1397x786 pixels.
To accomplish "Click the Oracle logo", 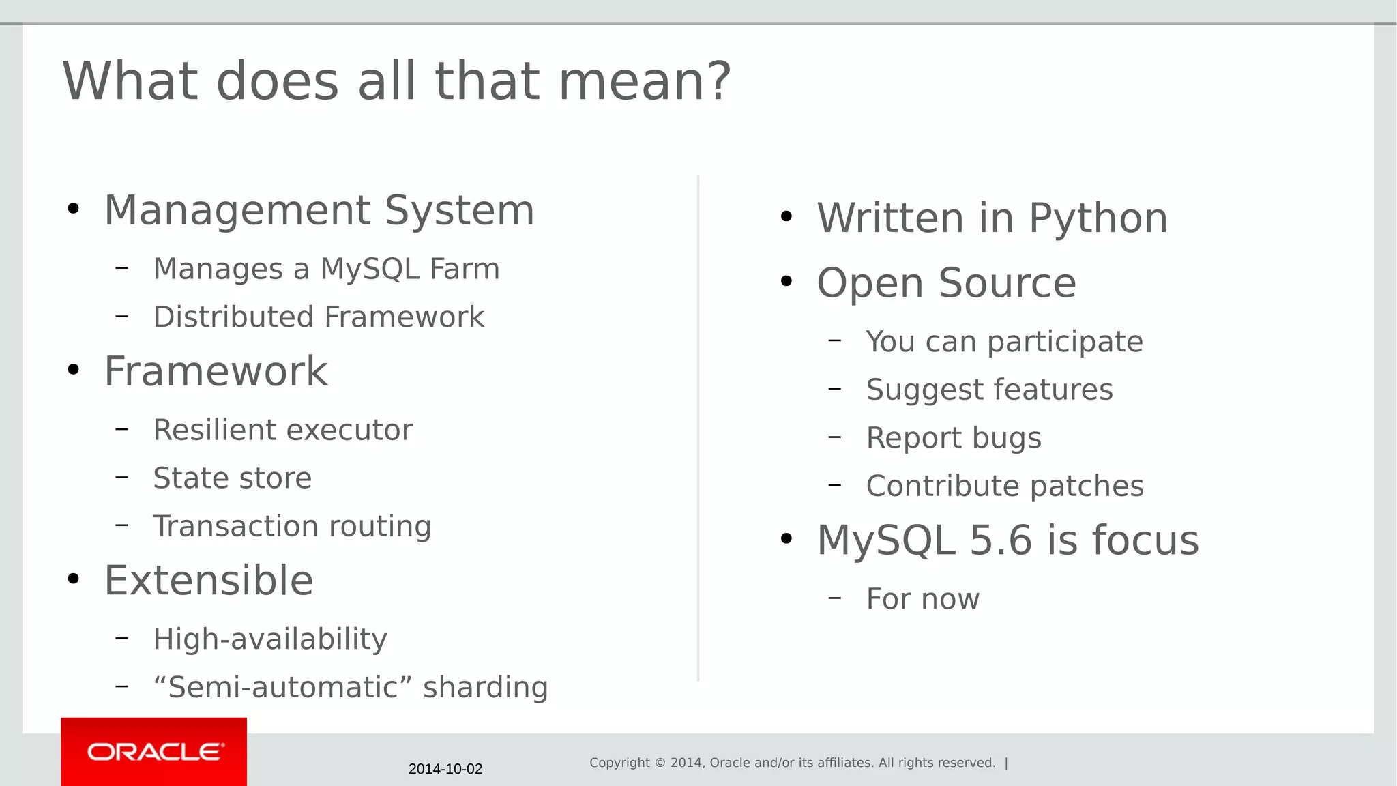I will click(155, 752).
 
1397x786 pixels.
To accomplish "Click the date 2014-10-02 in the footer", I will click(445, 769).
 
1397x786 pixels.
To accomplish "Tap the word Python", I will click(1098, 219).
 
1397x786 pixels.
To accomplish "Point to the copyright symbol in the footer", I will click(660, 763).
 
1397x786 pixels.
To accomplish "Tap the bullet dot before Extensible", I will click(74, 579).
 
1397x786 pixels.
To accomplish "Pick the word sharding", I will click(485, 687).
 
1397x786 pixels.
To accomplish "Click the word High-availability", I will click(270, 639).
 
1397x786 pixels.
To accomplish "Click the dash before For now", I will click(834, 598).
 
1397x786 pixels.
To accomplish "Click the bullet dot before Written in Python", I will click(786, 217).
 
